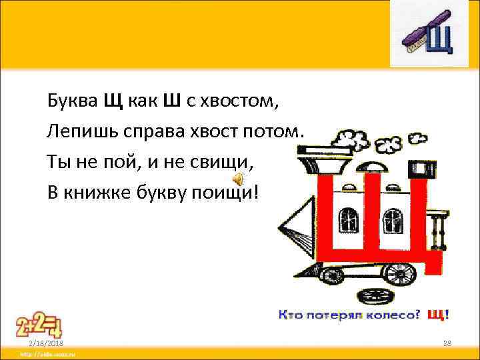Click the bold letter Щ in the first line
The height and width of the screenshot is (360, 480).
[x=112, y=101]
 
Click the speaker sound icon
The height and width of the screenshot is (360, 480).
[x=237, y=179]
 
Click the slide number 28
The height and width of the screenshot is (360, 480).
[x=447, y=342]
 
